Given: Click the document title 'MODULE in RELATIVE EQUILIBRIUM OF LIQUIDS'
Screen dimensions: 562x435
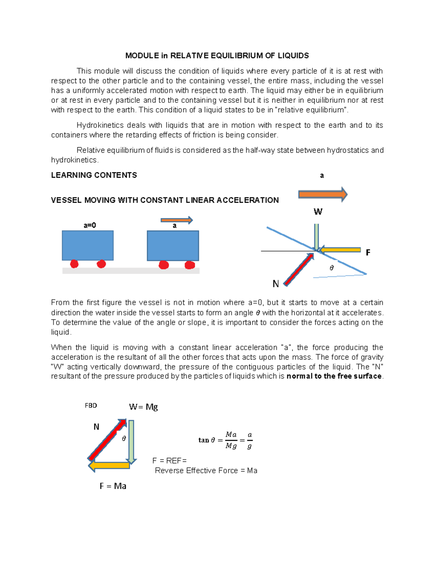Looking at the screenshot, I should point(217,55).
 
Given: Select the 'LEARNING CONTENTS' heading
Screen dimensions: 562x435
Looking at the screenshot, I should point(94,175).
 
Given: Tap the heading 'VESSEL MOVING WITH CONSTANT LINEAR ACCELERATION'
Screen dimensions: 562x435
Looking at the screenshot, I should point(165,200).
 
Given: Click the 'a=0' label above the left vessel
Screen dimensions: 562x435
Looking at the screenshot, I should point(90,225).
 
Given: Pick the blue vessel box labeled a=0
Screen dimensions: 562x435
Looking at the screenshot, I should point(88,245).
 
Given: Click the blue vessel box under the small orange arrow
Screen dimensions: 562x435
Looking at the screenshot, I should point(173,246).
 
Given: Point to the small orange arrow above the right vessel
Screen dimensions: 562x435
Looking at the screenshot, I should point(177,220).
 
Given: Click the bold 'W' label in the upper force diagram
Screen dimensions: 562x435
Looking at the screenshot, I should point(318,212).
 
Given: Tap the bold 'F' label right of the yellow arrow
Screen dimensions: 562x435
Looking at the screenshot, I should point(368,253).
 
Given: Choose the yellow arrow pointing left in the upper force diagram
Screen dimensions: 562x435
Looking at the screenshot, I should point(340,250).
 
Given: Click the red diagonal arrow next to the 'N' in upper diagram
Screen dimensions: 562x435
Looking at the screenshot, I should point(298,270).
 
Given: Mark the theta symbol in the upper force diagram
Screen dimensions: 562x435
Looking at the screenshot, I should point(331,268).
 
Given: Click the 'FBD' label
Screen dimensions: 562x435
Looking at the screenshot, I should point(91,406).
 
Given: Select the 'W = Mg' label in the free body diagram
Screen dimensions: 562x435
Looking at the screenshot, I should point(143,407).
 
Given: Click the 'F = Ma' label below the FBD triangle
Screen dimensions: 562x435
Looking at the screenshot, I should point(113,486).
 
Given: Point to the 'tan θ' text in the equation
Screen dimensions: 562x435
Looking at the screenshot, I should point(207,440).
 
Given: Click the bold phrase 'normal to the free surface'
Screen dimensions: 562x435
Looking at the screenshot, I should point(334,376).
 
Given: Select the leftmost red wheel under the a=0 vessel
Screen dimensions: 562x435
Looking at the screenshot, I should point(74,264).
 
